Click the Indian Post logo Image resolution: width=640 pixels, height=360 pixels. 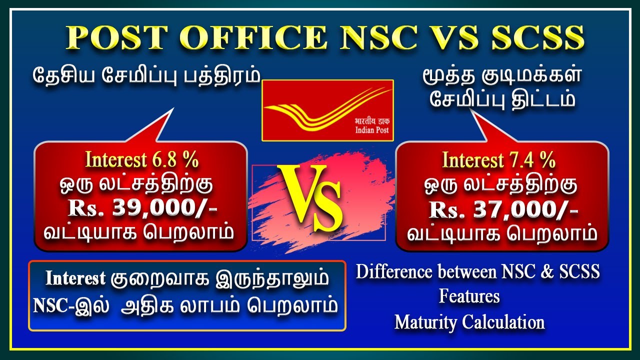click(327, 110)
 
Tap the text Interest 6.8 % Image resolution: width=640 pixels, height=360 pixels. click(142, 160)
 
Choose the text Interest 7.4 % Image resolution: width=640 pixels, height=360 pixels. click(498, 160)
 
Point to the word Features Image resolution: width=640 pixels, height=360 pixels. click(469, 296)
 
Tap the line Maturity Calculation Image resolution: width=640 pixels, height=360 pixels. click(469, 321)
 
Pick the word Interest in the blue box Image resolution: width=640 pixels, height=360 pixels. click(75, 278)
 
